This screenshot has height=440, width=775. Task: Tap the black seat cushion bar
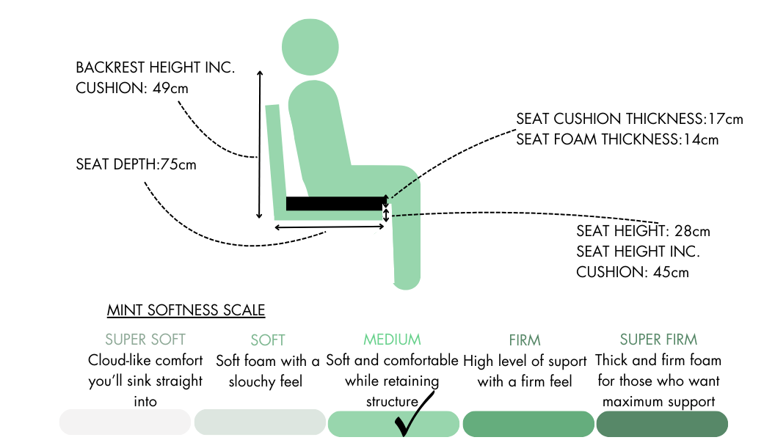pos(335,203)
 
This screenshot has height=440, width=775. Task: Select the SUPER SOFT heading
pos(145,340)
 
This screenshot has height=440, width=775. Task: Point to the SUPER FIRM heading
pos(658,340)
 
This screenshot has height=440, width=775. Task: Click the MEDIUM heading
pos(392,340)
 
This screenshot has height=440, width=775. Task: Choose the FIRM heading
pos(525,340)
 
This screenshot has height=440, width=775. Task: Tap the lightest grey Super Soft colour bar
pos(125,423)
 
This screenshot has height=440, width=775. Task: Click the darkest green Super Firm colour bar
pos(662,424)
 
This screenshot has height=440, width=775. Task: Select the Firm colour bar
pos(528,424)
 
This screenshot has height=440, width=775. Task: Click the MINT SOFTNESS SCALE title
pos(186,310)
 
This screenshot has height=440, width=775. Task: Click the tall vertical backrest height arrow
pos(259,144)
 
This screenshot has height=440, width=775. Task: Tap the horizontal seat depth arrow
pos(330,227)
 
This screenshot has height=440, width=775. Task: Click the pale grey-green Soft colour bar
pos(260,423)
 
